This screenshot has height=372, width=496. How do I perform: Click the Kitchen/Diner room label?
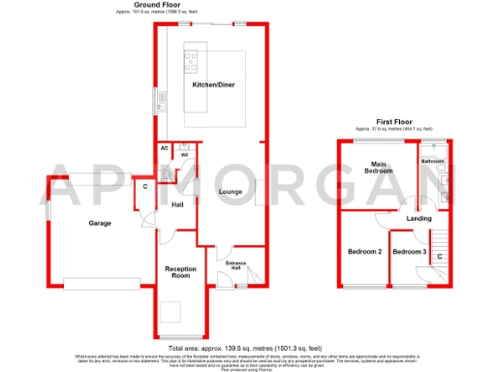(211, 86)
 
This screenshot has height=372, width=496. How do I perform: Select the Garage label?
(100, 223)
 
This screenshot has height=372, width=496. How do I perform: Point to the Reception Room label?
(180, 271)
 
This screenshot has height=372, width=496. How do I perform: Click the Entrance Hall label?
(237, 266)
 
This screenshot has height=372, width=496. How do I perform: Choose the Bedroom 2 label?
(364, 252)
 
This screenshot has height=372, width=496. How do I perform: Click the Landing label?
(419, 218)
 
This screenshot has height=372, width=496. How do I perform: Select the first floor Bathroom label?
(432, 161)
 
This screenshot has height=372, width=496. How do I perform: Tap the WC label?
(184, 154)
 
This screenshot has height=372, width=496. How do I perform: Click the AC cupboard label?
(165, 148)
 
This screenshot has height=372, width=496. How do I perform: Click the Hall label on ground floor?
(177, 205)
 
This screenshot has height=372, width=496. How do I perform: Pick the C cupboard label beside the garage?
(145, 186)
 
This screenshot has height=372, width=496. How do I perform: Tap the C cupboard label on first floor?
(440, 256)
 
